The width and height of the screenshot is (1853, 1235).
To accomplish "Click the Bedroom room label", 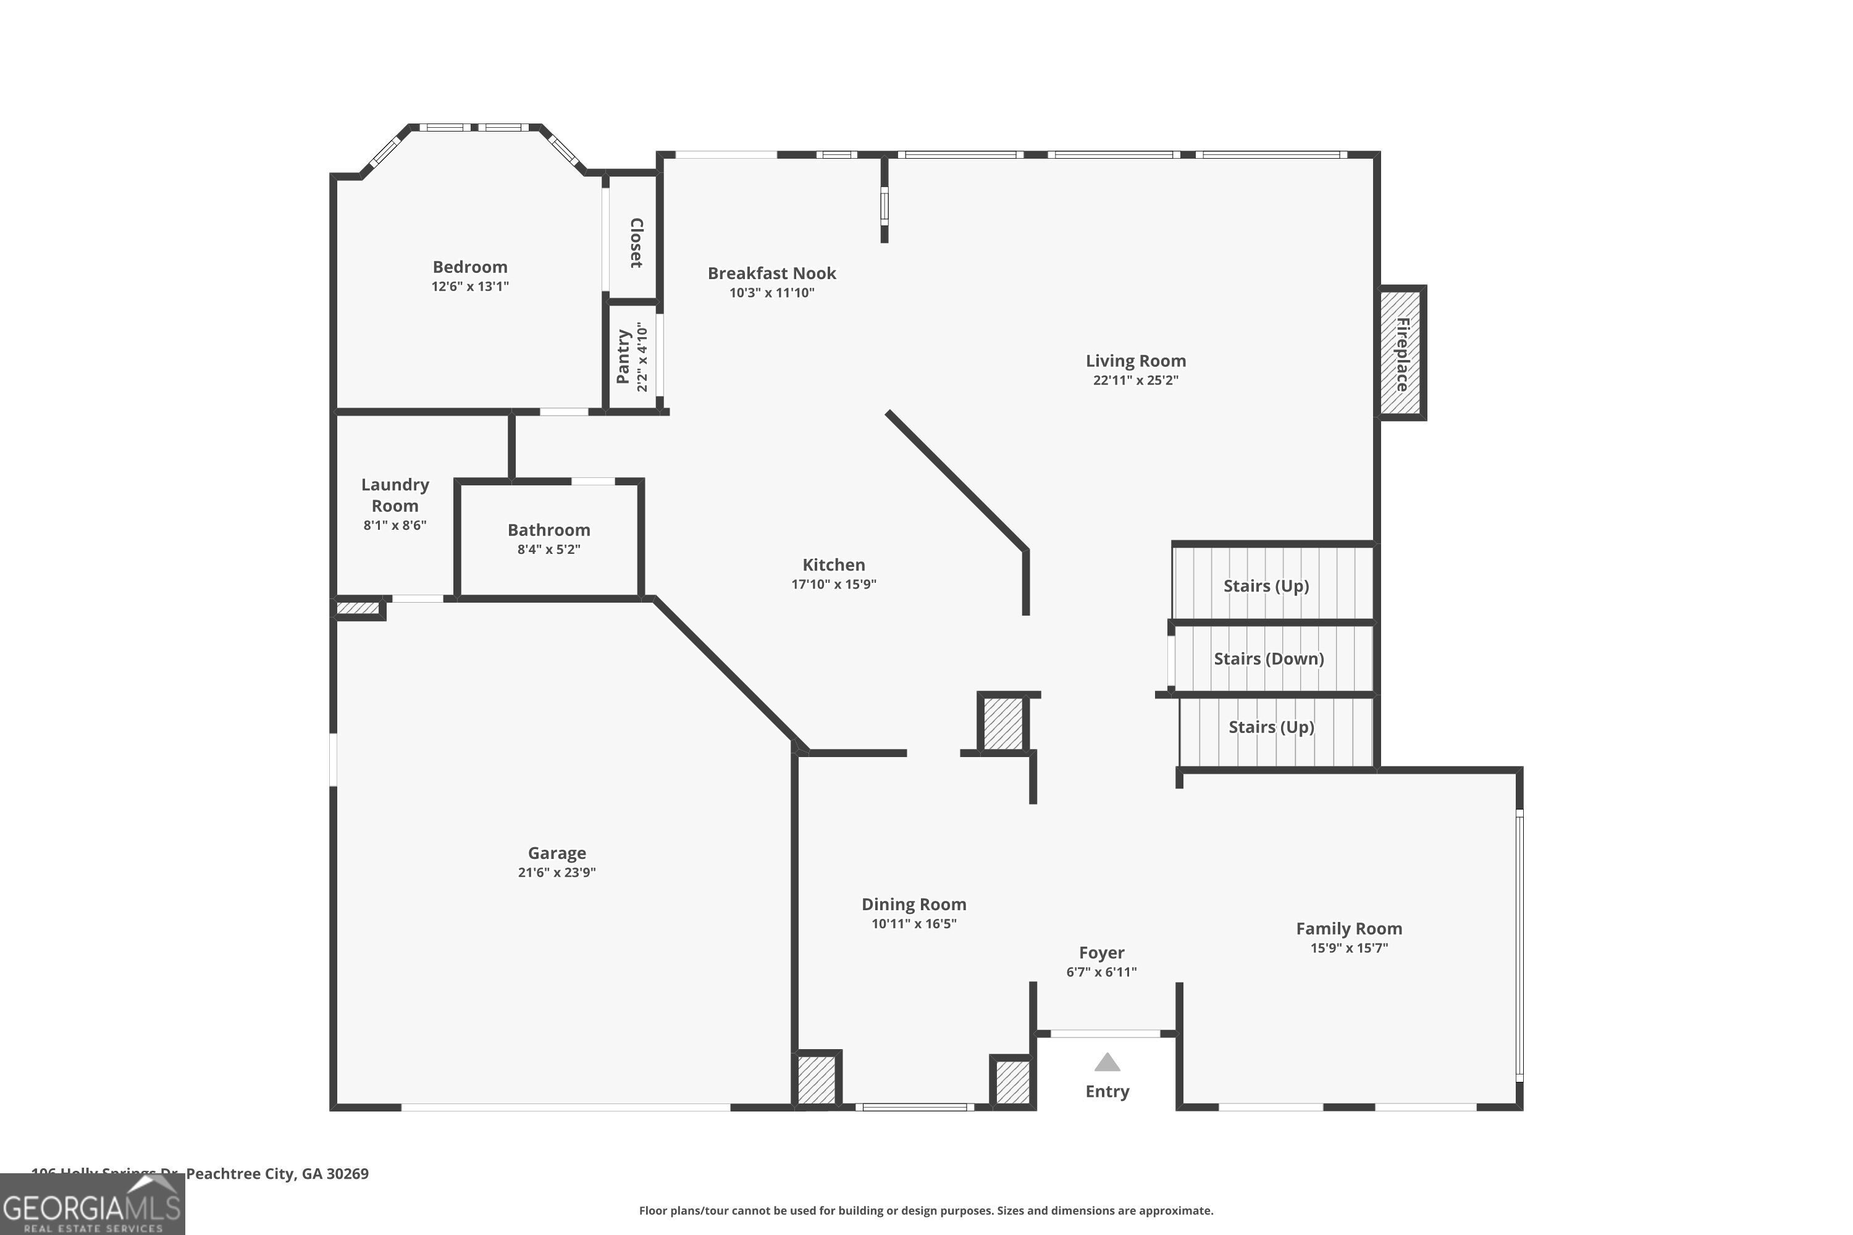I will coord(469,267).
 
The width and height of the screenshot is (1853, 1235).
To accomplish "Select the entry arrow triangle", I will coord(1107,1063).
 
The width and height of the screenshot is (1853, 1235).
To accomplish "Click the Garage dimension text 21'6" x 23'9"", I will coord(557,872).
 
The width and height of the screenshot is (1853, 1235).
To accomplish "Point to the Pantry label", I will coord(623,357).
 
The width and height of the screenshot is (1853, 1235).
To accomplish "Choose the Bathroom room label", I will coord(548,530).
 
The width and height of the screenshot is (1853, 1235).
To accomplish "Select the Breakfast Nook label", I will coord(771,274).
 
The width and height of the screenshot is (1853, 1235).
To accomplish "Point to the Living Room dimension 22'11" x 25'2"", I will coord(1135,380).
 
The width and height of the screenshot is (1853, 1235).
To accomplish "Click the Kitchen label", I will coord(833,565).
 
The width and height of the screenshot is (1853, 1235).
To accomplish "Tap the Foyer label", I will coord(1101,953).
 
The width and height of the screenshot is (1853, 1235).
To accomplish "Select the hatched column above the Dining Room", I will coord(1003,723).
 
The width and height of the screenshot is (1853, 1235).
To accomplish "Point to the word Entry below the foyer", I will coord(1107,1092).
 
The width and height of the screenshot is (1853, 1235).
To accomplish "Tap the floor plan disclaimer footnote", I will coord(926,1210).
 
